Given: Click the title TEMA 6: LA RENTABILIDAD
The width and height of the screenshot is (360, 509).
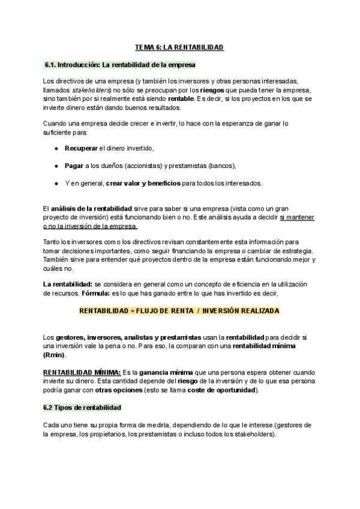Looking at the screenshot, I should point(179,47).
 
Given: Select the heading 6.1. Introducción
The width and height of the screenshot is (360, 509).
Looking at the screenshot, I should point(120,64).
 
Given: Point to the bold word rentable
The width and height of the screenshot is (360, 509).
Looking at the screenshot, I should point(181,98).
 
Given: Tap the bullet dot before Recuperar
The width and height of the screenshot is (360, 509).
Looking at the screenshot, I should point(56,148).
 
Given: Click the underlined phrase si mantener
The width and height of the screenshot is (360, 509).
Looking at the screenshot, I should point(298,217).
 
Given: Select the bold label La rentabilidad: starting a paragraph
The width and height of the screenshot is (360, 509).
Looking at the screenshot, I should point(67,283).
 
